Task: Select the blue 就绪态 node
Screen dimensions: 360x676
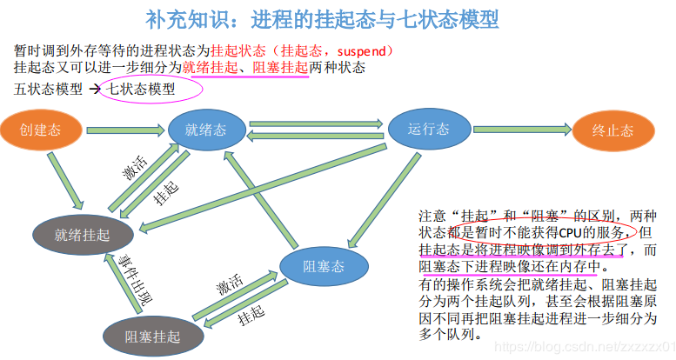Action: (205, 130)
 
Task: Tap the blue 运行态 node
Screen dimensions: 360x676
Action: (428, 130)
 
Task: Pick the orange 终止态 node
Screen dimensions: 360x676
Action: (612, 131)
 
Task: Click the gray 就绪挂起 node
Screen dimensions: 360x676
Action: (83, 234)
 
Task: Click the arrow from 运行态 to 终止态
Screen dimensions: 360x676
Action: (519, 130)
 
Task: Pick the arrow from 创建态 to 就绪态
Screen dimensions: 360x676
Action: (122, 130)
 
